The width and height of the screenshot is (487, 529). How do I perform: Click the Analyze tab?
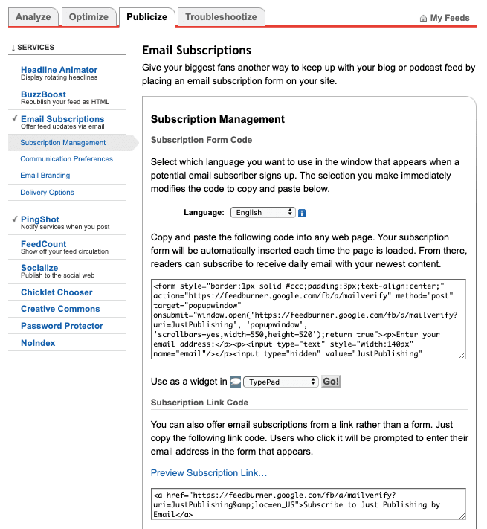tap(33, 16)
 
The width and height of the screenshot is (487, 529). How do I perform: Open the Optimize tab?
tap(89, 16)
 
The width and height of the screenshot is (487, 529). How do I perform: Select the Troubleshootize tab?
tap(221, 16)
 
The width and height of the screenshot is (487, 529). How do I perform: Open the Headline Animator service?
tap(59, 70)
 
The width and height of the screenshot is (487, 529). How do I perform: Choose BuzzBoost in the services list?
tap(43, 94)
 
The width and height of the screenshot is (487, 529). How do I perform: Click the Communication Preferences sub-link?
tap(66, 159)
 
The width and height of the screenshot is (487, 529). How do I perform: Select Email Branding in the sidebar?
tap(45, 176)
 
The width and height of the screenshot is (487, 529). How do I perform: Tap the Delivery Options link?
tap(47, 193)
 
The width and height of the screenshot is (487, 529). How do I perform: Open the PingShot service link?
tap(40, 219)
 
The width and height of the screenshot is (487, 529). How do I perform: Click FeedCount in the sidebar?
tap(44, 244)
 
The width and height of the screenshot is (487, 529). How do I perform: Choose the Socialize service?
tap(39, 268)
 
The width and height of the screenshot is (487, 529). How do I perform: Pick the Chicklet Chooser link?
tap(57, 292)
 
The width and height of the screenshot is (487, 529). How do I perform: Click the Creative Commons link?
tap(60, 309)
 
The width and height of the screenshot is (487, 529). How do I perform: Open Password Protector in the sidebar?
tap(62, 326)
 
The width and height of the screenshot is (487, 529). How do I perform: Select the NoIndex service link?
tap(38, 343)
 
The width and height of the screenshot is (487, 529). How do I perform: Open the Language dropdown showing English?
tap(263, 212)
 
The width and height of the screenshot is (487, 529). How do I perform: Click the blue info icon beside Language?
tap(302, 213)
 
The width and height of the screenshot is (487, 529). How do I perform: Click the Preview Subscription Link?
tap(209, 472)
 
